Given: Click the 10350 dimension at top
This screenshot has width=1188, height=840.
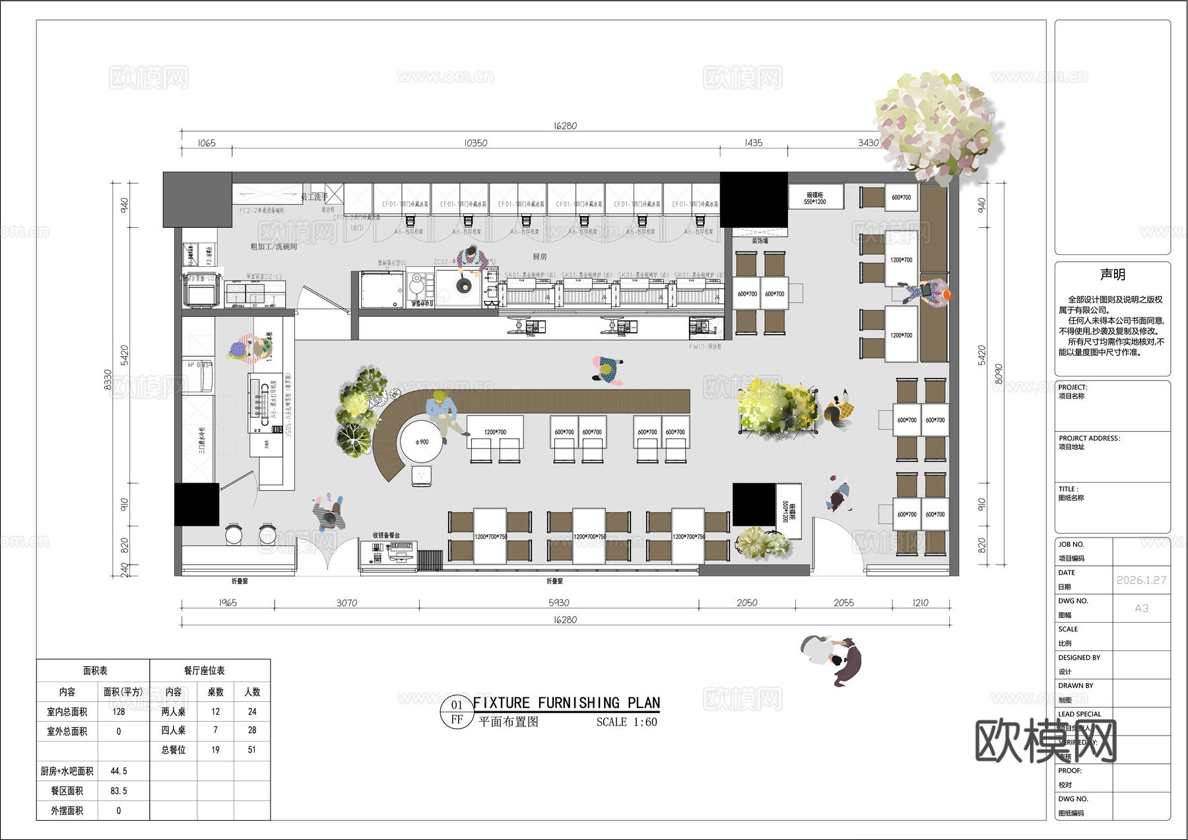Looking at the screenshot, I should click(475, 143).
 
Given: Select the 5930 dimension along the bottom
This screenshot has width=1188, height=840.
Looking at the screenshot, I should click(558, 603).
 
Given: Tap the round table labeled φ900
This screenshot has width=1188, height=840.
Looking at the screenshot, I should click(421, 442).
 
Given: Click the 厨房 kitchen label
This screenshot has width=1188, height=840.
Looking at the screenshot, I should click(540, 256).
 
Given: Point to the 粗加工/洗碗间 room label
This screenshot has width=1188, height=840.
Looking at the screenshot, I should click(273, 246).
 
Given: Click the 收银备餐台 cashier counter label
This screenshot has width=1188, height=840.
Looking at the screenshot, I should click(386, 535).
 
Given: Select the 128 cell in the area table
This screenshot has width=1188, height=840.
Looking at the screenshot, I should click(119, 711).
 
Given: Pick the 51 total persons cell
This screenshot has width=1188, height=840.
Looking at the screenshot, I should click(252, 750).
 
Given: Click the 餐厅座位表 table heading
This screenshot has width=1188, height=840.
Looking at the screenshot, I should click(205, 670).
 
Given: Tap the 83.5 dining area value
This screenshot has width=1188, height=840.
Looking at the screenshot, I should click(119, 790).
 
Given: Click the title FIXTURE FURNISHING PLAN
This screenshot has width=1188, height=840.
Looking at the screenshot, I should click(566, 703).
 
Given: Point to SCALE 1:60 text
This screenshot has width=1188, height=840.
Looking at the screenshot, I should click(626, 722).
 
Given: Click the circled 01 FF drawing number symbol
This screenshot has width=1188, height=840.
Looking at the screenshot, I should click(457, 712).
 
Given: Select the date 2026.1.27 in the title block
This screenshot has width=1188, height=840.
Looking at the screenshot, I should click(1141, 580).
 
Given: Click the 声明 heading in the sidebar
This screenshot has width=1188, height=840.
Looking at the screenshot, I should click(1113, 274).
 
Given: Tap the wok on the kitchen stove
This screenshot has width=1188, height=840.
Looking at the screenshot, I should click(463, 286).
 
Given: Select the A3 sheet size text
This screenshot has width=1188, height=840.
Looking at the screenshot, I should click(1141, 608).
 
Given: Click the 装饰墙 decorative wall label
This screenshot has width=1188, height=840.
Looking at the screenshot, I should click(760, 240).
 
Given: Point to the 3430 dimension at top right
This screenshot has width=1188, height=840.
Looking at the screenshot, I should click(868, 143).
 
